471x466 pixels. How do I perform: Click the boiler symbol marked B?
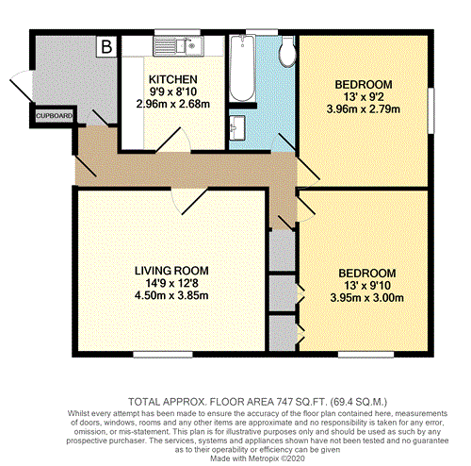click(x=106, y=46)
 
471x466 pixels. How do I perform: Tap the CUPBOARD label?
click(x=54, y=116)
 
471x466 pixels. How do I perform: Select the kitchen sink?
click(x=178, y=46)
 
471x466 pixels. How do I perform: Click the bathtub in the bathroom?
click(x=242, y=68)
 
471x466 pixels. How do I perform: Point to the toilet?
click(x=287, y=51)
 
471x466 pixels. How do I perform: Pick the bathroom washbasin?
click(x=237, y=128)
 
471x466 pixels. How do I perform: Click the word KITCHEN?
click(x=173, y=79)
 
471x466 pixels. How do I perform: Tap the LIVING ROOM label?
click(x=171, y=271)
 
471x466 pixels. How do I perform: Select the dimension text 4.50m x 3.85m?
click(x=171, y=295)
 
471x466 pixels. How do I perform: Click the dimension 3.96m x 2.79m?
click(x=364, y=109)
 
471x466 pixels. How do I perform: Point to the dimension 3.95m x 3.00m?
click(x=366, y=297)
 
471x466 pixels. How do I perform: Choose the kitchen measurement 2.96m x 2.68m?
click(x=173, y=104)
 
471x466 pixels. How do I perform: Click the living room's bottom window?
click(x=163, y=355)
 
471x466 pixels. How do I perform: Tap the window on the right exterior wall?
click(x=431, y=110)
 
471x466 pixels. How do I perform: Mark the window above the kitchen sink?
click(x=177, y=32)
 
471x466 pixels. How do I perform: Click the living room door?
click(x=189, y=202)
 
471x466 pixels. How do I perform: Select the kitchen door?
click(x=173, y=141)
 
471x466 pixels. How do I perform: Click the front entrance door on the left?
click(x=22, y=86)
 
